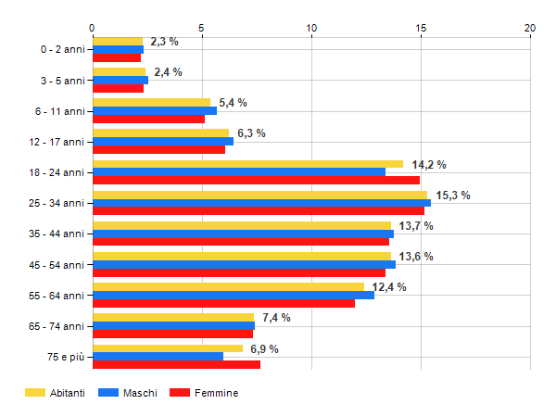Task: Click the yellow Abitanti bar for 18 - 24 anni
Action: click(x=247, y=164)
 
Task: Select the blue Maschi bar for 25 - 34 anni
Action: click(x=261, y=203)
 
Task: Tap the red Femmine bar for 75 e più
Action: click(x=176, y=364)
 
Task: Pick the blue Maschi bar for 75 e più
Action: click(x=158, y=356)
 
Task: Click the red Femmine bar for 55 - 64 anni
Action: click(x=223, y=303)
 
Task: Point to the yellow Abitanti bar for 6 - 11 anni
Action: click(x=151, y=103)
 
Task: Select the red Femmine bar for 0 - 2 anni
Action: click(x=116, y=58)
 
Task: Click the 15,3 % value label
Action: click(x=453, y=196)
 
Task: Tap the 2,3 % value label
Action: click(x=164, y=42)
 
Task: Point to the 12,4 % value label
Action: click(x=389, y=287)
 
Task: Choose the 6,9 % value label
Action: click(x=264, y=348)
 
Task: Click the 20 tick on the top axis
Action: click(x=530, y=28)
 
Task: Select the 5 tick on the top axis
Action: click(x=202, y=28)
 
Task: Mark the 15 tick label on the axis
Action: click(x=421, y=28)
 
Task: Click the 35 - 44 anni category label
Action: click(x=57, y=234)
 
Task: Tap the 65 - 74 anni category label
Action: click(x=57, y=325)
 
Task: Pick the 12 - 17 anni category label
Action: click(x=57, y=142)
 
